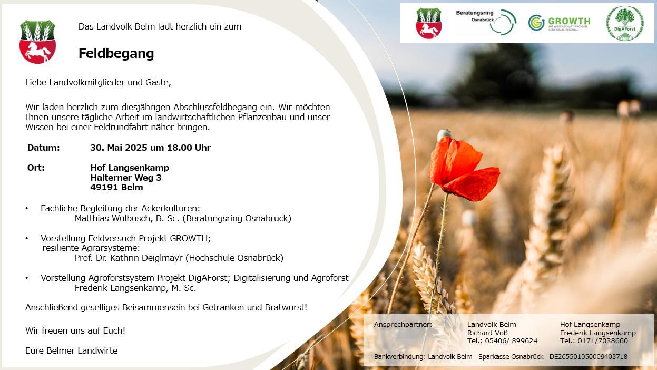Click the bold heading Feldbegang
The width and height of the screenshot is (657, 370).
[x=116, y=54]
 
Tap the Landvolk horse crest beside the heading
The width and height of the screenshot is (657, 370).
[x=37, y=42]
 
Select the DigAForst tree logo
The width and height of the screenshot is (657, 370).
[x=625, y=23]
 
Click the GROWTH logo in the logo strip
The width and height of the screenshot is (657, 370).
[x=560, y=23]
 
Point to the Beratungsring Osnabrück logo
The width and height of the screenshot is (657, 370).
[x=486, y=22]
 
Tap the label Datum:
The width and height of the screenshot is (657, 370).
[x=43, y=148]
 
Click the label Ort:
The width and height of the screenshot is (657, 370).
[x=36, y=168]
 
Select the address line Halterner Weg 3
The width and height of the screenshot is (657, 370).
[x=126, y=178]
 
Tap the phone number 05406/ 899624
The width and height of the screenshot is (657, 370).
[x=511, y=340]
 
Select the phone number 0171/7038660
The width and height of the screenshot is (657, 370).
[x=603, y=340]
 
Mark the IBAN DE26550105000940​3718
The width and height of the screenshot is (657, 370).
[x=589, y=356]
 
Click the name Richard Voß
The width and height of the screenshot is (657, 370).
[x=487, y=333]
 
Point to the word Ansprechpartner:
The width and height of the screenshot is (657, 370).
[x=403, y=325]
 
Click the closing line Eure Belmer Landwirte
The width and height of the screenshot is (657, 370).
[x=71, y=350]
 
